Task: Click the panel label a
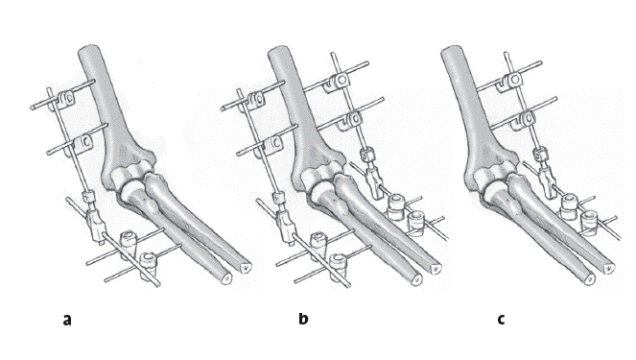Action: pos(67,320)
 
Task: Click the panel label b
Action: pos(303,318)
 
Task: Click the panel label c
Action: pos(502,320)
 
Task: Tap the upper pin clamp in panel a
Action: pos(65,99)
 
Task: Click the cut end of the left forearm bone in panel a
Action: pos(226,278)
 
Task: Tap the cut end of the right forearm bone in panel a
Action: pos(246,268)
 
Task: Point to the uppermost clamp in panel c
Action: pos(511,81)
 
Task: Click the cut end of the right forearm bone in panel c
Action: pos(609,268)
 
